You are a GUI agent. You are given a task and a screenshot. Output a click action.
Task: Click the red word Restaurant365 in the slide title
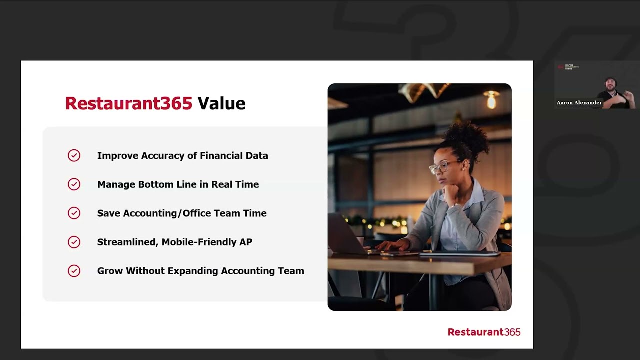128,103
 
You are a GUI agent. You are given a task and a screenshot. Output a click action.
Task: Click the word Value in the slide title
221,103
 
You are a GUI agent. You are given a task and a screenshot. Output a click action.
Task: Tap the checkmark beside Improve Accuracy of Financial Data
74,156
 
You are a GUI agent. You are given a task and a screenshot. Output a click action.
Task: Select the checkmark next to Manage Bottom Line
74,184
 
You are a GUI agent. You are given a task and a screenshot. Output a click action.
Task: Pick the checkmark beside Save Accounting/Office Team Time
74,213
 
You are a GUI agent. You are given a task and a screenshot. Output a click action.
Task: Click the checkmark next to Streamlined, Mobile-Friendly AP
74,242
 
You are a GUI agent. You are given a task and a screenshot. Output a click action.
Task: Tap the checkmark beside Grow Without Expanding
74,271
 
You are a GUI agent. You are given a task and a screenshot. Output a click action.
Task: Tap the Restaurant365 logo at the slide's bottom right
484,332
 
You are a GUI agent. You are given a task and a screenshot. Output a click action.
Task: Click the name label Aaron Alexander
579,103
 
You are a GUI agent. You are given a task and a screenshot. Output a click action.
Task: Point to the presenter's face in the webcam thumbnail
610,84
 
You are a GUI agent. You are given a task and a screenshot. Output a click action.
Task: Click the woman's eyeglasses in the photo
443,167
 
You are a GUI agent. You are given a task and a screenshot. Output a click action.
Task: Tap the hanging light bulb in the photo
491,101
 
